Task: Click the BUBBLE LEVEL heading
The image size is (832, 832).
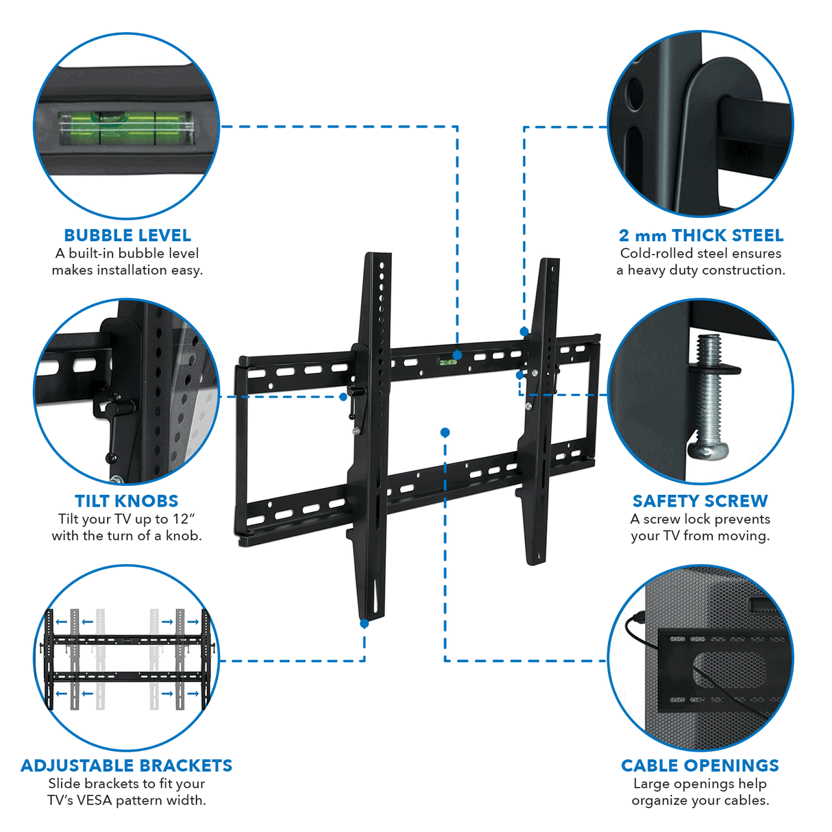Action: (x=127, y=235)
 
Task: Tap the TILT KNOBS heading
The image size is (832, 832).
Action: (x=127, y=501)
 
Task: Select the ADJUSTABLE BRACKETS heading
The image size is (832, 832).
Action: (x=127, y=766)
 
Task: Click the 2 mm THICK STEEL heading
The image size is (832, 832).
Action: (x=700, y=235)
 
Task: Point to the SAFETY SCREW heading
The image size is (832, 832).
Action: (x=700, y=501)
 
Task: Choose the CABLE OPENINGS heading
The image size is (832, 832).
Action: (x=700, y=766)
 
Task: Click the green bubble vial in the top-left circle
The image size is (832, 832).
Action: (x=127, y=128)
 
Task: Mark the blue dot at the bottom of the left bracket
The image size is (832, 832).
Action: (x=365, y=624)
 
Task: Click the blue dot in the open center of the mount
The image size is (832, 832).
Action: (x=445, y=432)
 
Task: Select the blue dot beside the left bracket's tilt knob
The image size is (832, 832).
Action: (x=343, y=397)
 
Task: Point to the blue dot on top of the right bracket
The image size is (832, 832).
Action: (x=524, y=332)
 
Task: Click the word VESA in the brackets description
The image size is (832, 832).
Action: (x=97, y=800)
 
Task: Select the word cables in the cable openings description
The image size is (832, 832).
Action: (x=746, y=800)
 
